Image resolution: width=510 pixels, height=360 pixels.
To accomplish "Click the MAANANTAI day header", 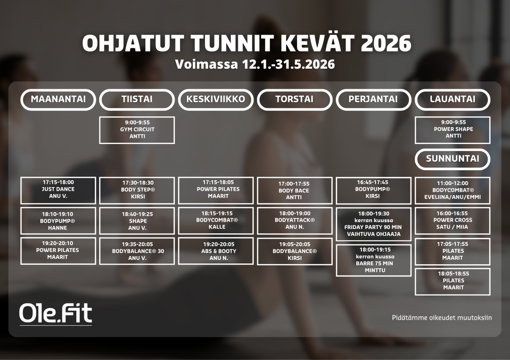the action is coord(58,100).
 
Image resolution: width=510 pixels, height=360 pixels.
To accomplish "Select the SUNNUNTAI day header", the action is coord(452,159).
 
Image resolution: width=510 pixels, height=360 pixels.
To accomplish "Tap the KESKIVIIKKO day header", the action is coord(215,100).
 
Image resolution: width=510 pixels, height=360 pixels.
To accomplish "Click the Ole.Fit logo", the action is coord(55,314).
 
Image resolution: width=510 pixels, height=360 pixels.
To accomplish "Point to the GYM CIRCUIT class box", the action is coord(137,130).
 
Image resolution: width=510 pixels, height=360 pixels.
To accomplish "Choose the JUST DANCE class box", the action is coord(58,190).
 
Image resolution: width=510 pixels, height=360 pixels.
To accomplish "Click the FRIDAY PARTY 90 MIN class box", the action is coord(374,224).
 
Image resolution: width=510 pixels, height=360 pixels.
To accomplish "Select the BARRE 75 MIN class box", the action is coord(374,260).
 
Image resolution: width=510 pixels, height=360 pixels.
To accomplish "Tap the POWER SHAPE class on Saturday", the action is coord(452,130).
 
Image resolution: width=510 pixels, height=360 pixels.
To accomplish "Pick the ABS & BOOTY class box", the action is coord(215,251).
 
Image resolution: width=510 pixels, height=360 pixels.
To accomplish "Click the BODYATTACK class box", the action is coord(295,221).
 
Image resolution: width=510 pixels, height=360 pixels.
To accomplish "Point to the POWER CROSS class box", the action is coord(452,221).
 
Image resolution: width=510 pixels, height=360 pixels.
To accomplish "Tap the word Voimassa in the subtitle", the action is coord(206,64).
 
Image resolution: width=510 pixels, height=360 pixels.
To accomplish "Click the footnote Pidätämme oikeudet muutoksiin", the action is coord(442,318).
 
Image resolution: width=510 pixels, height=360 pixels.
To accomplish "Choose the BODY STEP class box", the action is coord(137,190).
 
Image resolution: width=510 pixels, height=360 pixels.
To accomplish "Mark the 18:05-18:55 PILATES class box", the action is coord(452,282).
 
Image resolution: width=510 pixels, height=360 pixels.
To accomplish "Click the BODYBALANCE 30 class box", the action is coord(137,251).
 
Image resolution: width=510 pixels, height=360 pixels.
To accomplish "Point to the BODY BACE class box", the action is coord(295,190).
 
